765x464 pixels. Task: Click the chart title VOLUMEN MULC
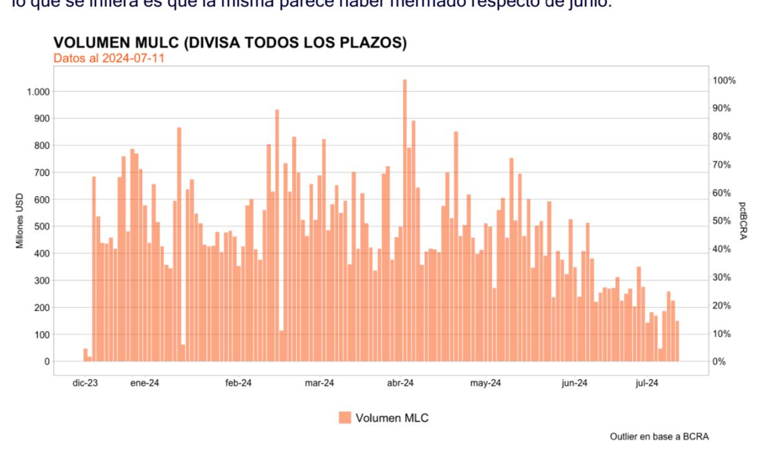pyautogui.click(x=230, y=43)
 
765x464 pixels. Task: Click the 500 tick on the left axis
pyautogui.click(x=42, y=226)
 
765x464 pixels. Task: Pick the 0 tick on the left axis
pyautogui.click(x=47, y=361)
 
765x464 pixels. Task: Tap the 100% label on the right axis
pyautogui.click(x=724, y=80)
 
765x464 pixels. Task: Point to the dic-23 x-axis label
pyautogui.click(x=85, y=384)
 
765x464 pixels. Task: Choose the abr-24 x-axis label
pyautogui.click(x=400, y=384)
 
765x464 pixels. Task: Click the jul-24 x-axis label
pyautogui.click(x=647, y=384)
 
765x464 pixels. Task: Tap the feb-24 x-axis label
pyautogui.click(x=238, y=384)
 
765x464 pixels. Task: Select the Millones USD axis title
pyautogui.click(x=20, y=221)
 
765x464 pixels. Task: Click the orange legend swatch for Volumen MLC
pyautogui.click(x=345, y=418)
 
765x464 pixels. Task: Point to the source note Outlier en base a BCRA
pyautogui.click(x=659, y=437)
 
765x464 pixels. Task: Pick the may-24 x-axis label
pyautogui.click(x=485, y=384)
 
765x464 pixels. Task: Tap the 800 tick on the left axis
pyautogui.click(x=42, y=145)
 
